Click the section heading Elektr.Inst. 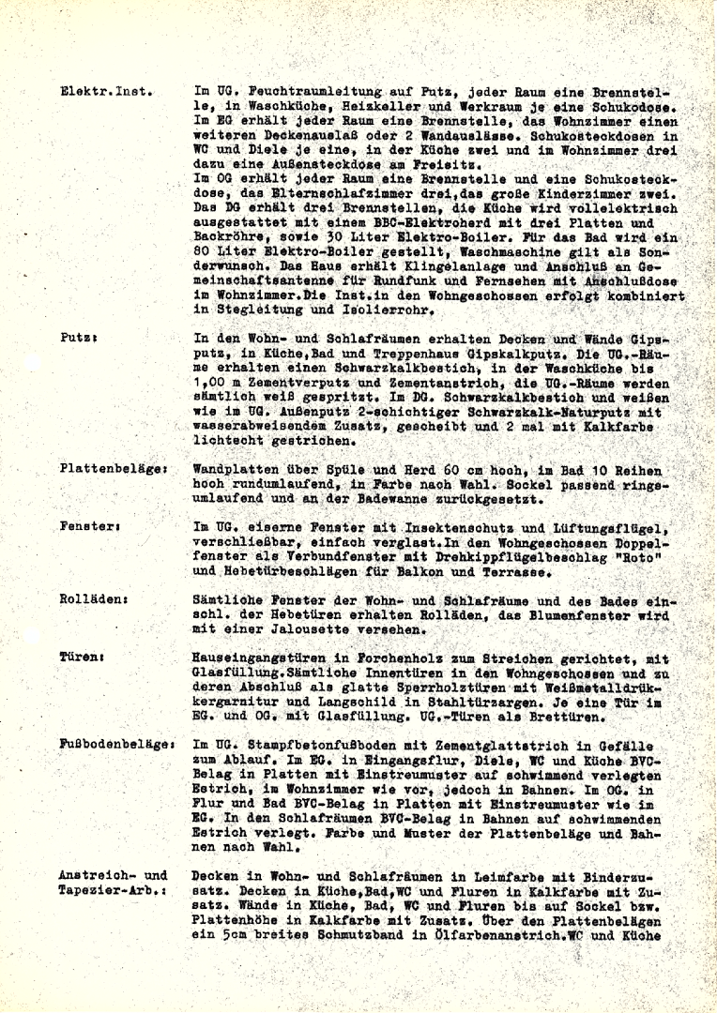(106, 92)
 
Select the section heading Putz (78, 336)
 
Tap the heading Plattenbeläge (114, 468)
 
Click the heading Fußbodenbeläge (117, 744)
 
